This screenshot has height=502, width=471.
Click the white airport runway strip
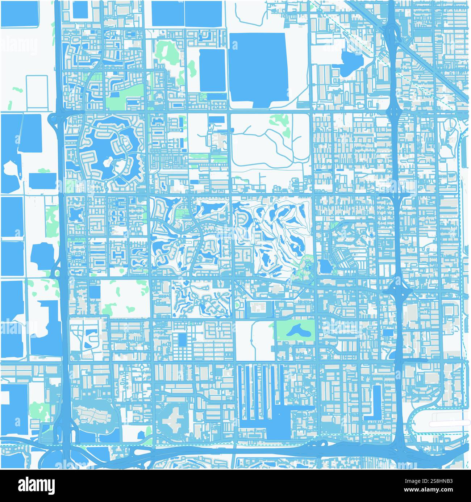pos(449,423)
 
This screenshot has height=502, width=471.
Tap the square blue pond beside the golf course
pos(325,267)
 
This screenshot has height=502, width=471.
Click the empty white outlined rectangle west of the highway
pos(37,92)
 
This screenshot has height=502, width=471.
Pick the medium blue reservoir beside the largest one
pos(212,71)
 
